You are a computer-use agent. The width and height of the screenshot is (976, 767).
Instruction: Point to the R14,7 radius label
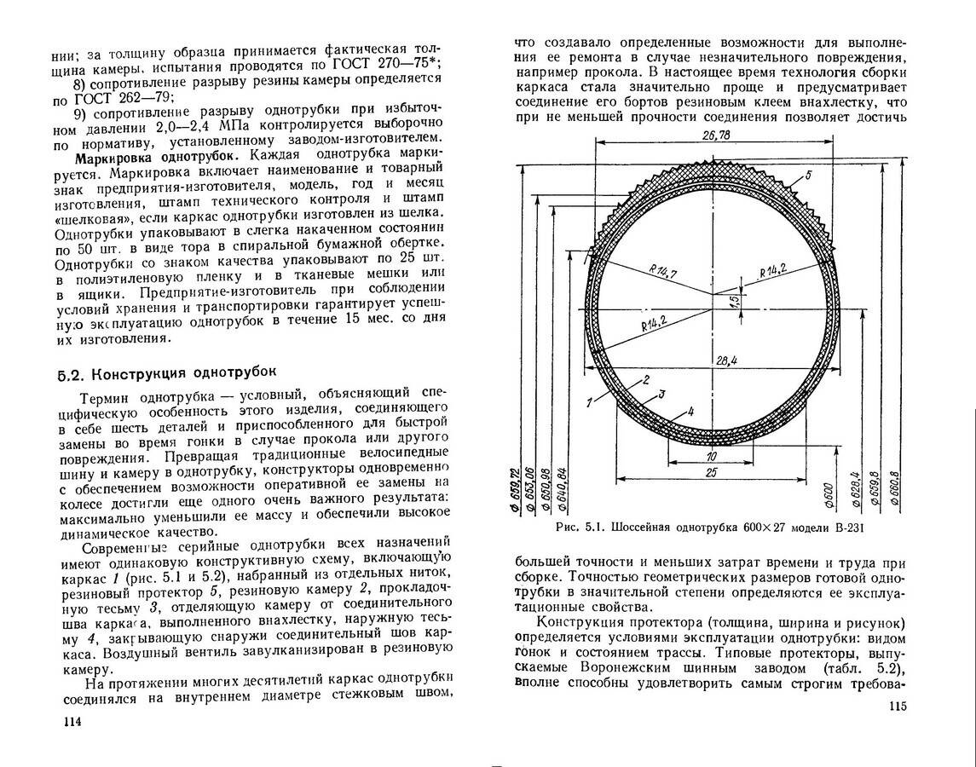tap(662, 272)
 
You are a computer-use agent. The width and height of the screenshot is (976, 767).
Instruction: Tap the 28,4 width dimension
tap(726, 360)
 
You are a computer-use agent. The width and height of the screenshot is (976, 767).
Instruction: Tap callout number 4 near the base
tap(690, 412)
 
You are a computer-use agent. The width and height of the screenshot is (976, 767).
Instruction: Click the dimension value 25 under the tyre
tap(710, 472)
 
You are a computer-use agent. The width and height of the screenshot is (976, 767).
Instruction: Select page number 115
tap(899, 706)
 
